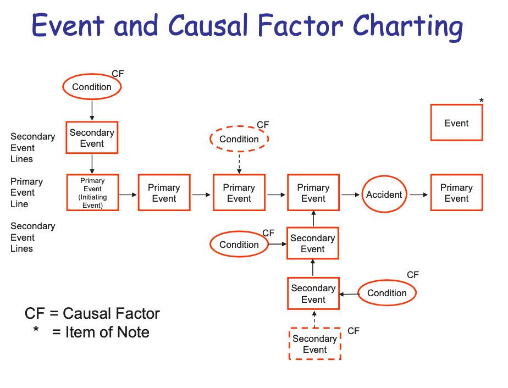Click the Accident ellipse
click(384, 195)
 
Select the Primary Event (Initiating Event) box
click(92, 193)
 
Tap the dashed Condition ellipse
click(239, 139)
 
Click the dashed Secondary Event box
click(315, 344)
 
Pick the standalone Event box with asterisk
click(456, 123)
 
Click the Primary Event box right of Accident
click(456, 193)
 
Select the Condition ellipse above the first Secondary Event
click(92, 87)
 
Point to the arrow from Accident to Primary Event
click(418, 195)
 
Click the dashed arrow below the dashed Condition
click(239, 163)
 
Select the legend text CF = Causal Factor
click(92, 313)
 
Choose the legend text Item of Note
click(107, 332)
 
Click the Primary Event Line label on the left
click(26, 192)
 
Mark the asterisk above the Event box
click(482, 101)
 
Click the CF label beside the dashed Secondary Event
click(354, 331)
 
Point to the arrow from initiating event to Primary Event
click(128, 195)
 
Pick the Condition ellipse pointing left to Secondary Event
click(387, 293)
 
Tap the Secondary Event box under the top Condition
click(92, 138)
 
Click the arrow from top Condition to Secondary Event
click(92, 110)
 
